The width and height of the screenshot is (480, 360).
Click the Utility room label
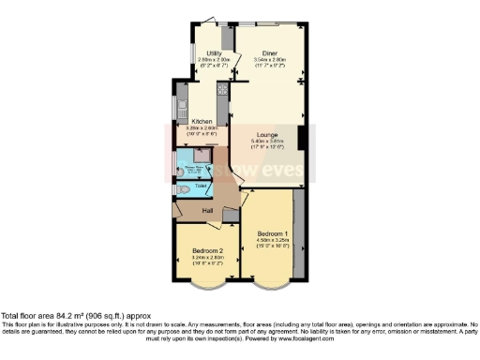click(207, 53)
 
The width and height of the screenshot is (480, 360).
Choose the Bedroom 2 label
click(206, 251)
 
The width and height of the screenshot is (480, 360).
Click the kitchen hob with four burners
click(223, 91)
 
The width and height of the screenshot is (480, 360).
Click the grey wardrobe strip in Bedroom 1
click(298, 234)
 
